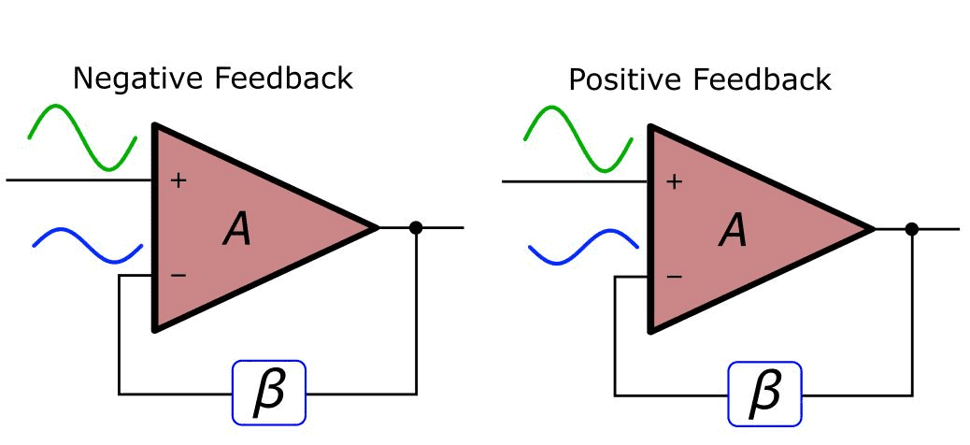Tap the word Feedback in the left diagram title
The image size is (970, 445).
pyautogui.click(x=283, y=78)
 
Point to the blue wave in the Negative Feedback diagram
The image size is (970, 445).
pyautogui.click(x=87, y=244)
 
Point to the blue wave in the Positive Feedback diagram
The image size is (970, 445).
pyautogui.click(x=583, y=244)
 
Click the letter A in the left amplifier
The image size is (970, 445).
pyautogui.click(x=237, y=228)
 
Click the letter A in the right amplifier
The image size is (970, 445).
pyautogui.click(x=734, y=228)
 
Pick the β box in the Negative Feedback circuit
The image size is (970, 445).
pyautogui.click(x=269, y=393)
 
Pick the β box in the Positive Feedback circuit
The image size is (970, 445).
pyautogui.click(x=765, y=393)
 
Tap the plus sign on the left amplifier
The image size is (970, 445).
pyautogui.click(x=178, y=179)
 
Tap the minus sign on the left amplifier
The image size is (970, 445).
pyautogui.click(x=178, y=276)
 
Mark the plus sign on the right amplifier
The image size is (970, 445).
pyautogui.click(x=675, y=179)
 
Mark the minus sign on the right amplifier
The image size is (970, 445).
pyautogui.click(x=675, y=276)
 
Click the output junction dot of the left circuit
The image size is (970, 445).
pyautogui.click(x=416, y=227)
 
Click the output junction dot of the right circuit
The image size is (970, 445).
pyautogui.click(x=912, y=228)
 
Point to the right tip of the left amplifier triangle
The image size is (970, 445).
pyautogui.click(x=377, y=227)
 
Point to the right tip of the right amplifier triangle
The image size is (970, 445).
pyautogui.click(x=873, y=227)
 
